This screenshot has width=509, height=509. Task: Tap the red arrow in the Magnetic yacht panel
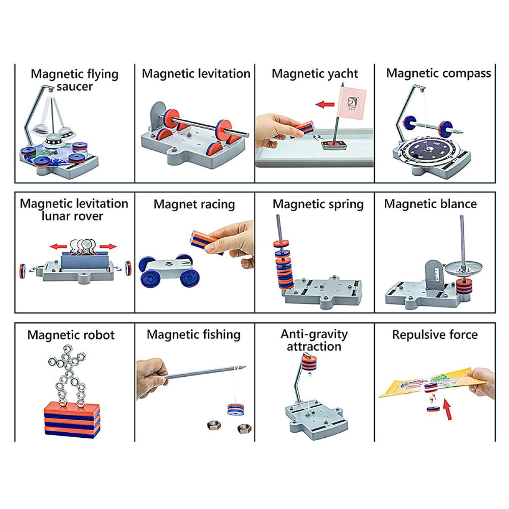click(325, 104)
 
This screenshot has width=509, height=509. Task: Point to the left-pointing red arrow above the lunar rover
click(58, 246)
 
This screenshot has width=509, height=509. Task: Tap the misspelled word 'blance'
click(459, 204)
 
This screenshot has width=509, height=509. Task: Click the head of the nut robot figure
click(67, 350)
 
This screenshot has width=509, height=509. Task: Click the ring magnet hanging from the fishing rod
click(235, 409)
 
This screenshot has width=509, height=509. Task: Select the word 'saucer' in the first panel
click(75, 87)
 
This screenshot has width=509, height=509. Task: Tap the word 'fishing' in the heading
click(219, 335)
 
